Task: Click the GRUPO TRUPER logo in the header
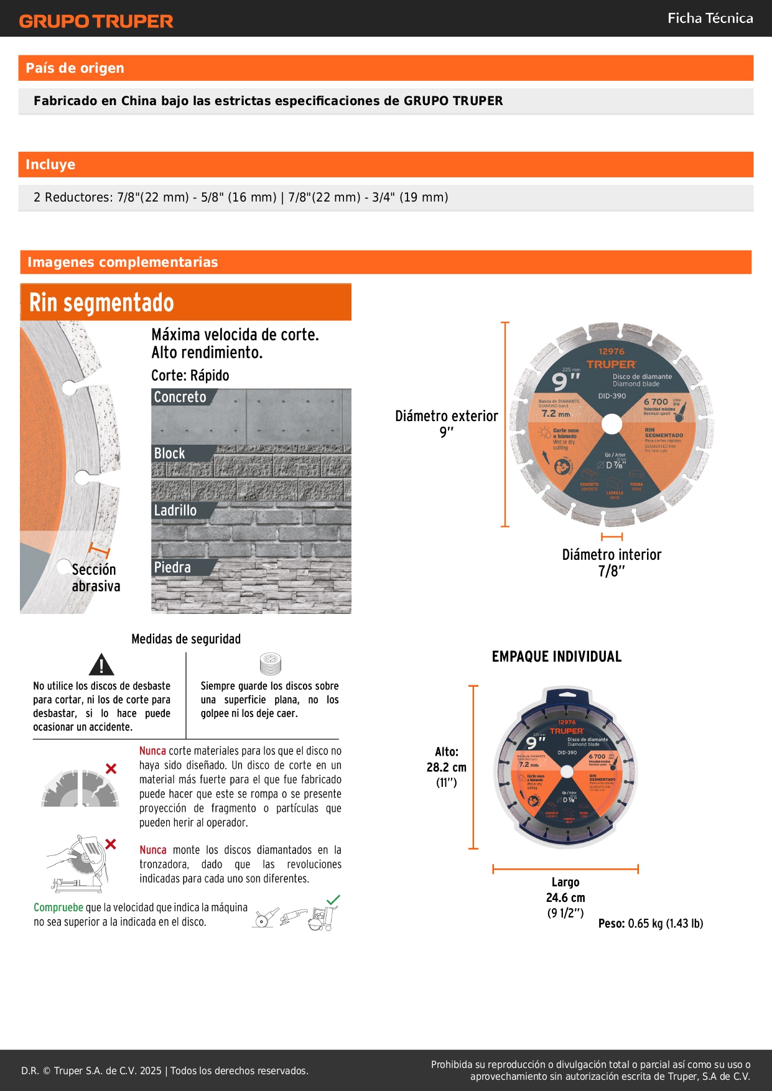pos(96,21)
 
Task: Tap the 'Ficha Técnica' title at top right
pos(710,18)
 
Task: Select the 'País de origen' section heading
pos(75,68)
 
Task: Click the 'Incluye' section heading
pos(50,164)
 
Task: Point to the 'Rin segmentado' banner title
pos(101,303)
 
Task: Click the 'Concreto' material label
pos(180,397)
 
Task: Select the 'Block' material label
pos(169,453)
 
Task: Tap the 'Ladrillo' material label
pos(175,510)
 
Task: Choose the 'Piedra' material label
pos(172,567)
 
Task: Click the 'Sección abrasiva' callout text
pos(95,578)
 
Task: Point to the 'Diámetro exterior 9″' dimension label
pos(446,424)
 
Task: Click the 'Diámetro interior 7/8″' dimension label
pos(612,562)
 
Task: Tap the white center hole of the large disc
pos(612,424)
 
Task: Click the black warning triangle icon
pos(101,665)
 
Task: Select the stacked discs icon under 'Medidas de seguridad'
pos(271,664)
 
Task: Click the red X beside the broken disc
pos(111,769)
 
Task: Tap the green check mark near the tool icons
pos(333,899)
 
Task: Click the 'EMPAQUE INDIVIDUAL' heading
pos(556,656)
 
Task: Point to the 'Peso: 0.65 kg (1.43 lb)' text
pos(651,923)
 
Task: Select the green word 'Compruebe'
pos(58,908)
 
